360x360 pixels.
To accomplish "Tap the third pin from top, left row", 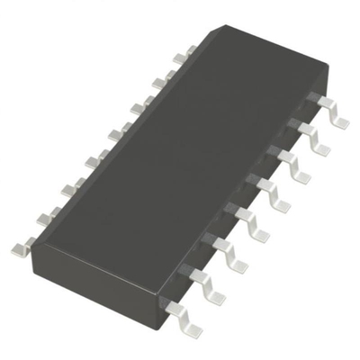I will click(137, 108).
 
